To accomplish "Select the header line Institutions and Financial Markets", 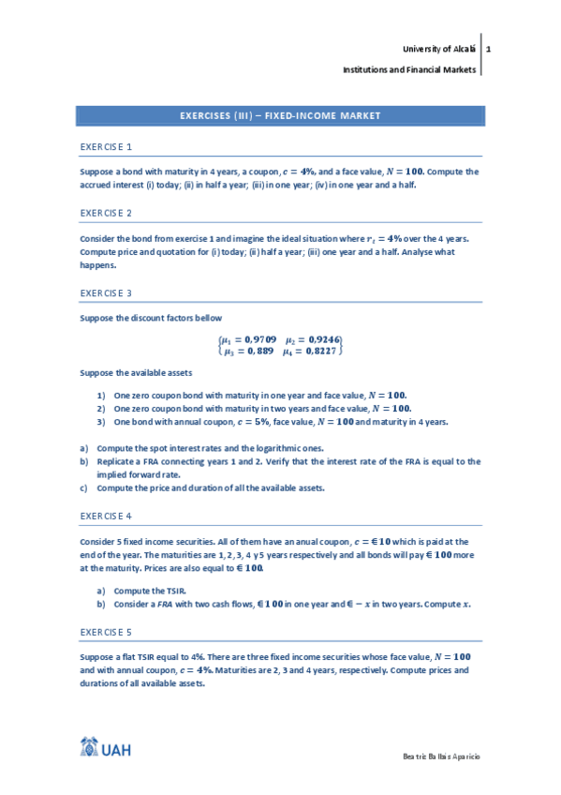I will [x=409, y=70].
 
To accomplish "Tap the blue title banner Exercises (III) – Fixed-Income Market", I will [x=280, y=115].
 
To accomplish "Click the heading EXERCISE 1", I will [x=106, y=147].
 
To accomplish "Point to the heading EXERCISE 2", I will [x=106, y=213].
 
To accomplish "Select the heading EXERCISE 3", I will [x=106, y=292].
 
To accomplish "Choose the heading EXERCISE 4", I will [x=106, y=516].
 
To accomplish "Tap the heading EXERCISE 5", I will [x=106, y=632].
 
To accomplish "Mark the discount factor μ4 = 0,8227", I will [x=314, y=351].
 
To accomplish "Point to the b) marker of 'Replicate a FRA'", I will [x=84, y=461].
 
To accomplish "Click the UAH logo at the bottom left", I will [x=105, y=749].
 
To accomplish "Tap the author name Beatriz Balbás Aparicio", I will [x=440, y=756].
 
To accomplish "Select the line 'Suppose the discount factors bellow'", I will [x=151, y=319].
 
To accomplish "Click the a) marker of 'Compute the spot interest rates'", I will [x=84, y=448].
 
